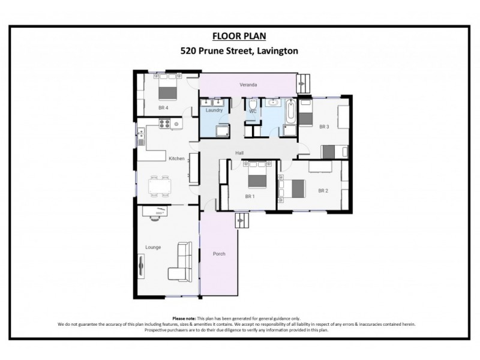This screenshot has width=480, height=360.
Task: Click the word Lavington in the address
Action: click(277, 51)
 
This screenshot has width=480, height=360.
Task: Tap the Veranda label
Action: click(248, 85)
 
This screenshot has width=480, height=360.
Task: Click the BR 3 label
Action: click(324, 127)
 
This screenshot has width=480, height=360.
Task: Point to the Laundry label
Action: click(214, 110)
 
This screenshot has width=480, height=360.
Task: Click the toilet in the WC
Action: click(253, 106)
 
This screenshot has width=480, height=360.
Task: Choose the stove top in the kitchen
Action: click(166, 124)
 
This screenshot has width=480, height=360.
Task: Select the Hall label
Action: click(239, 154)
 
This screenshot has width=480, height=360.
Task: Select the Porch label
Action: click(219, 254)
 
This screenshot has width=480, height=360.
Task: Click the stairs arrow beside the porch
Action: click(243, 221)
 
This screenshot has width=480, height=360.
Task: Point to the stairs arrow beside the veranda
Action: click(304, 81)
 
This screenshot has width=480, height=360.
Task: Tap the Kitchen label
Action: click(176, 158)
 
